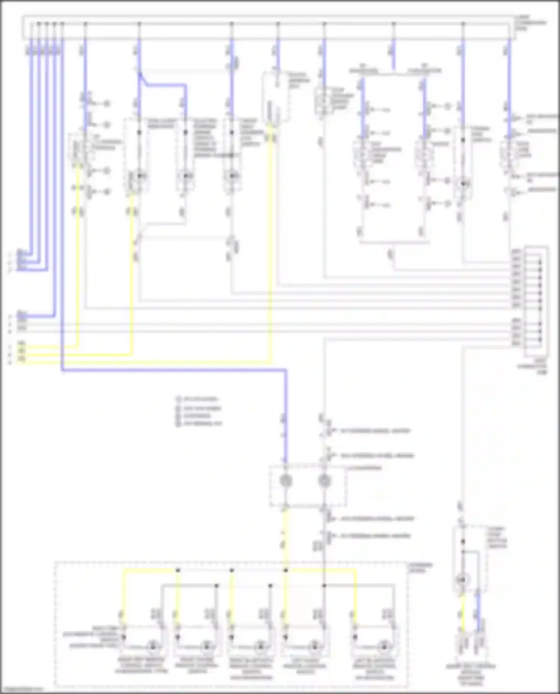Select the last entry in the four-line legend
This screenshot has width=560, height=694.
(x=200, y=424)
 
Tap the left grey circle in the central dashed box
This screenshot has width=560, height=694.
(x=286, y=481)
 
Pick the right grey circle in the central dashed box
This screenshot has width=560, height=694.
(x=324, y=481)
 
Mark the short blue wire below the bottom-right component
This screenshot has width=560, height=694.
(x=479, y=612)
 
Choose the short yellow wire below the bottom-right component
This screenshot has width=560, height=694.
(x=463, y=612)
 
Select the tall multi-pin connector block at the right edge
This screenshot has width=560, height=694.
(x=536, y=301)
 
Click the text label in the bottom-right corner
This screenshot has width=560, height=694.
(x=471, y=674)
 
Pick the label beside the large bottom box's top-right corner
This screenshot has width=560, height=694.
(x=420, y=568)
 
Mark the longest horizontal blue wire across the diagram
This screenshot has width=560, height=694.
(x=174, y=370)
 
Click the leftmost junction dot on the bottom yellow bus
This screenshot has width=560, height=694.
(x=178, y=570)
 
